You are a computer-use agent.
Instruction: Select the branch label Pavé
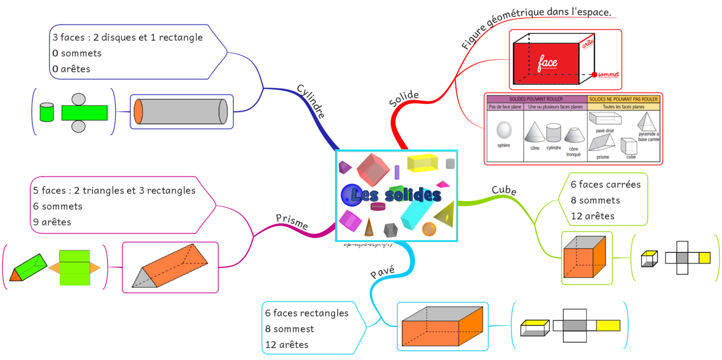382,273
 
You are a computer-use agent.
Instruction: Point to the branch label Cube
504,191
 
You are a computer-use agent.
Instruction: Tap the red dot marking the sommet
594,74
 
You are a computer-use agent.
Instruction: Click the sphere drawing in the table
503,131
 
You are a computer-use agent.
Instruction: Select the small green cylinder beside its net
47,112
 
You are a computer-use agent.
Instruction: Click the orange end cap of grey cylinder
139,112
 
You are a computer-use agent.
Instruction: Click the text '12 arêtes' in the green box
592,216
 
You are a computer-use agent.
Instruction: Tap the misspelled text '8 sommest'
289,329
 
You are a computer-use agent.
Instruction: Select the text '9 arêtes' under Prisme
52,222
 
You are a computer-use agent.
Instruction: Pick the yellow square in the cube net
704,258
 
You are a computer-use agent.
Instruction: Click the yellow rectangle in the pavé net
607,325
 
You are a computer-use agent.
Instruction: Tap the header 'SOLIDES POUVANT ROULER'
536,99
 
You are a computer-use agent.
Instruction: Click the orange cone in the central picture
368,227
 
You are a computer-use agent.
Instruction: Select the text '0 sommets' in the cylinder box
77,54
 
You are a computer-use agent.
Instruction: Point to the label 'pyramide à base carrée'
649,137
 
